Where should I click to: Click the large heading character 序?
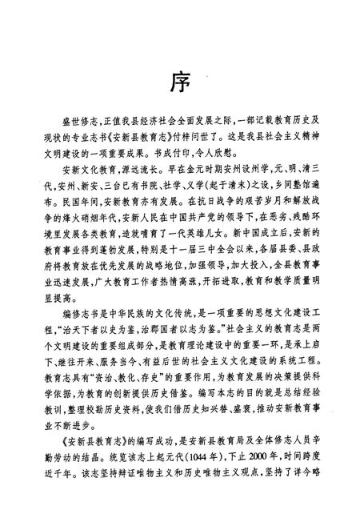tap(180, 82)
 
